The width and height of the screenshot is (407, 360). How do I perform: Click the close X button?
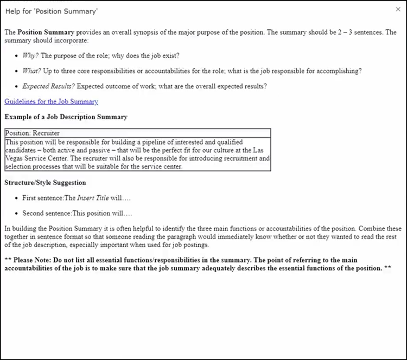(398, 10)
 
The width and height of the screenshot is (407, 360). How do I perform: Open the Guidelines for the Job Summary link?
(51, 101)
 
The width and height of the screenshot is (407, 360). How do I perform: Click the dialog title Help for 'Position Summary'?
(44, 11)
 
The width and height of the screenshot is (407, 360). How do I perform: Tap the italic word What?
(31, 71)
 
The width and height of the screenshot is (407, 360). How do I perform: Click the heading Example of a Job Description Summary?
(66, 117)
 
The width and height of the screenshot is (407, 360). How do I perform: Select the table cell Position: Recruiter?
(32, 133)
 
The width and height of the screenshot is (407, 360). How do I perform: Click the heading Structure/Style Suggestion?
(45, 183)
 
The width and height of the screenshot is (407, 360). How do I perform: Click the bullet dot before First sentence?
(16, 198)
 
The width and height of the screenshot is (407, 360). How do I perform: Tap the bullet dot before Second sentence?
(16, 214)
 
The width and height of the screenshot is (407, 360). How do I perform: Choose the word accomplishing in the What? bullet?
(340, 71)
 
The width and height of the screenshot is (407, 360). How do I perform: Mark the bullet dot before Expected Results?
(16, 87)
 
